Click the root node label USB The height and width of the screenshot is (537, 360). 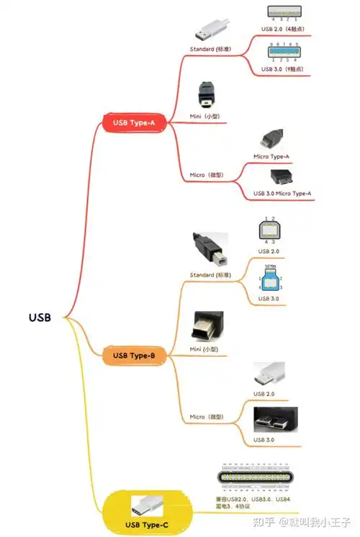pos(40,317)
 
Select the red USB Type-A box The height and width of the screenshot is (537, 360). pos(138,123)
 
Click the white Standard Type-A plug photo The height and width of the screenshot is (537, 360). pos(212,31)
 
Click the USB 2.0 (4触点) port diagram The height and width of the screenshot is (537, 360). pos(282,13)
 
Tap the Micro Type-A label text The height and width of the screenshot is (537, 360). pos(271,156)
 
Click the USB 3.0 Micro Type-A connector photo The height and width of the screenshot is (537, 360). pos(282,178)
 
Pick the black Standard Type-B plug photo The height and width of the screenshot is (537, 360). pos(211,251)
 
